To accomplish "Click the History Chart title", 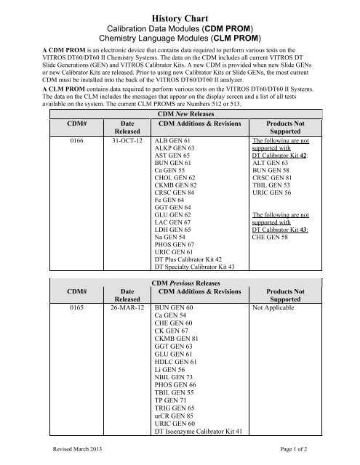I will pyautogui.click(x=179, y=12).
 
